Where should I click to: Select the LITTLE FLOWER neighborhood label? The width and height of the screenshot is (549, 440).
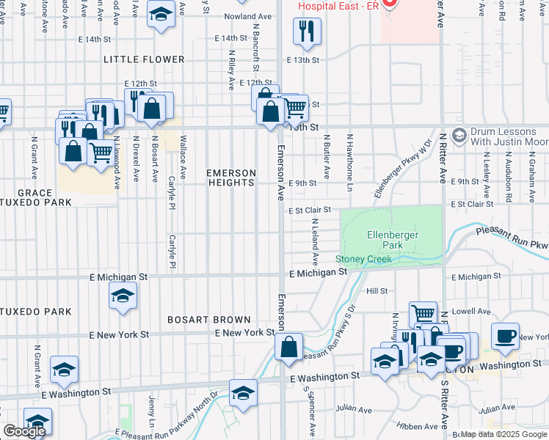point(144,59)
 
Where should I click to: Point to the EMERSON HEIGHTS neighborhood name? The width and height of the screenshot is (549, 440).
point(231,178)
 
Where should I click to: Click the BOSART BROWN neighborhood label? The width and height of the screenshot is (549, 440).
point(209,320)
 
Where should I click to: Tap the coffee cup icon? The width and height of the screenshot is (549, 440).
point(505,336)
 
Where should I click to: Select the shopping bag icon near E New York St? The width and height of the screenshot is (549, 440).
point(289,346)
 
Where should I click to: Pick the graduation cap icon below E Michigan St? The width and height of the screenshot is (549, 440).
point(123,296)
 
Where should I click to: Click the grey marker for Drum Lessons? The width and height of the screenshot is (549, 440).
point(459,135)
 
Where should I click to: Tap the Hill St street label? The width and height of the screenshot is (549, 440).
point(377,291)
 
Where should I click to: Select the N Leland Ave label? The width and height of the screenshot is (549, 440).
point(315,242)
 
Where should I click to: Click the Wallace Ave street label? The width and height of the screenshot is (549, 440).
point(183,150)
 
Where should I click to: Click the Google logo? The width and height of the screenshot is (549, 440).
point(24,431)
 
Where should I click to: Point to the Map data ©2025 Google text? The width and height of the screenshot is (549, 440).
point(504,434)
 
